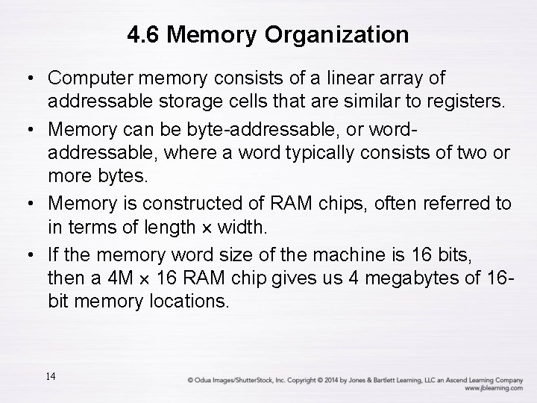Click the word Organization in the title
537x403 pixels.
[x=345, y=34]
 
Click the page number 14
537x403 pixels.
[x=51, y=375]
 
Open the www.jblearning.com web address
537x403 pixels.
[x=492, y=388]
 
